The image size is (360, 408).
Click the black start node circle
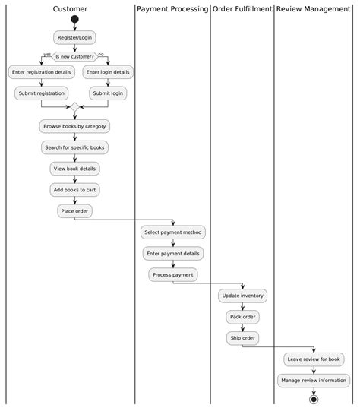(74, 19)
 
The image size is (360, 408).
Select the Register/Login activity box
(74, 37)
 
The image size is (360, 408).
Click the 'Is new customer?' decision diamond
(74, 55)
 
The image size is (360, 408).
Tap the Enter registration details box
(41, 72)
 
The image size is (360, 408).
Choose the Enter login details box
(108, 72)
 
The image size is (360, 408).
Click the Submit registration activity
(41, 93)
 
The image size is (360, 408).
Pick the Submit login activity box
(108, 93)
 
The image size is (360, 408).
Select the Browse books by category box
(74, 126)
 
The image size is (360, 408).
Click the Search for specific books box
(74, 147)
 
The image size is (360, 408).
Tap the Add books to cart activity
(74, 189)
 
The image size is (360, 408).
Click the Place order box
(74, 210)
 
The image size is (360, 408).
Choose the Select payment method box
(173, 232)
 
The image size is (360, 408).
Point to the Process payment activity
(173, 274)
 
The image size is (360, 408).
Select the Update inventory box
(242, 295)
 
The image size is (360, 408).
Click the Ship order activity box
(242, 337)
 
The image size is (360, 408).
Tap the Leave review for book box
(313, 359)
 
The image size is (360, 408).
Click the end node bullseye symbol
(313, 398)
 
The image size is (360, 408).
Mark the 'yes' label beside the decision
(47, 55)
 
